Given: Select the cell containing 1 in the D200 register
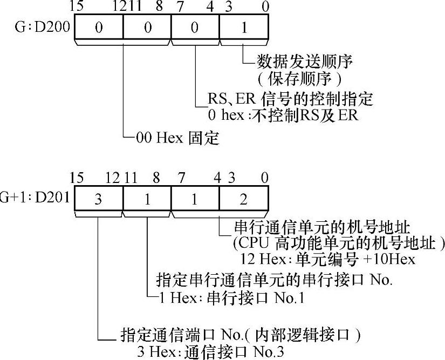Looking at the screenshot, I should click(x=244, y=28).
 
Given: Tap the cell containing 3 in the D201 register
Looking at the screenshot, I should click(x=98, y=199).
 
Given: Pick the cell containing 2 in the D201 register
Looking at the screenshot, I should click(x=244, y=199).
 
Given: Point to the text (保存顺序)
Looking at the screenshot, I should click(x=299, y=78).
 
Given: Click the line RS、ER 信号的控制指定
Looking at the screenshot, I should click(x=290, y=99).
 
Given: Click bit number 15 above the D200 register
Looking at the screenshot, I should click(x=77, y=8).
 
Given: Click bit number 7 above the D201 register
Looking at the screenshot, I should click(x=175, y=178).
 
